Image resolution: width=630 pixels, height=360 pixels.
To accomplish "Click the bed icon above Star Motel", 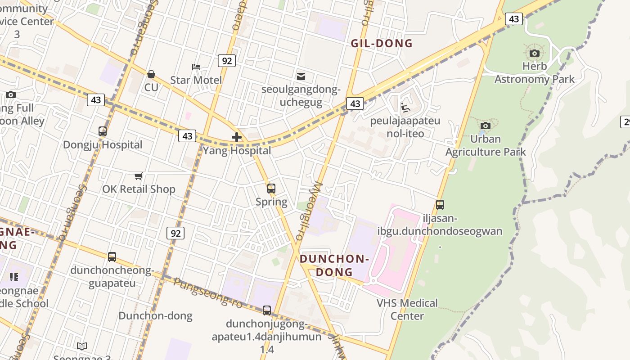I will click(196, 67).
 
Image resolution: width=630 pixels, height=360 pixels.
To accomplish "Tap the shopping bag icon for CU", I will click(151, 74).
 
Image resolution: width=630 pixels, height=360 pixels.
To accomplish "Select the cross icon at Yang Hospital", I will click(237, 137).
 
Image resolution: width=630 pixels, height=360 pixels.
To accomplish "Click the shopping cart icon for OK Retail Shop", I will click(139, 176).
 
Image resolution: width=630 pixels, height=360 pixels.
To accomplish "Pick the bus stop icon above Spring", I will click(271, 189).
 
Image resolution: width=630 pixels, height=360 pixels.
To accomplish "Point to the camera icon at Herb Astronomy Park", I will click(535, 54).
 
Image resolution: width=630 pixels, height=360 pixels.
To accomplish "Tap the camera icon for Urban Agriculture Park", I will click(485, 126).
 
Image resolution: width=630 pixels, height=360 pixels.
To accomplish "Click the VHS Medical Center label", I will click(407, 309).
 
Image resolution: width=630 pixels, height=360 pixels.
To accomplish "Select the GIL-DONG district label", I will click(382, 44).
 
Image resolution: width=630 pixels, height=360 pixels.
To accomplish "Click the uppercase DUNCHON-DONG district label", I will click(334, 265).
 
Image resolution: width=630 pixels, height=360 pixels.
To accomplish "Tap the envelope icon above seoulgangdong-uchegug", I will click(301, 76).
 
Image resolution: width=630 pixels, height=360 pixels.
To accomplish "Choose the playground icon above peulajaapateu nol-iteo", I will click(405, 108).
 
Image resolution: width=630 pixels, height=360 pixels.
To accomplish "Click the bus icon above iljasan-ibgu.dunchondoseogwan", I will click(440, 205).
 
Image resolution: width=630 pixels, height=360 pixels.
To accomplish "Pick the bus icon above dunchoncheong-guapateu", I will click(112, 257).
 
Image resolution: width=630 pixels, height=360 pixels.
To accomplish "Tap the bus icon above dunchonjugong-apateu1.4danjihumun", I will click(267, 310).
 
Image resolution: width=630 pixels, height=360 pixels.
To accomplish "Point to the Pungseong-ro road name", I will click(207, 293).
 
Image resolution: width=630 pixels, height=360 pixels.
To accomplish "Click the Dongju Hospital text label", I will click(103, 145).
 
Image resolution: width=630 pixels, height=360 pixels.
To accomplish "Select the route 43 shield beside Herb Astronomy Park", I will click(513, 19).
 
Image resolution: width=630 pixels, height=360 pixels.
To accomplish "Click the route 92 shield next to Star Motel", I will click(226, 60).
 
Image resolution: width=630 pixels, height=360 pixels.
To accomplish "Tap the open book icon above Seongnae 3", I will click(82, 346).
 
